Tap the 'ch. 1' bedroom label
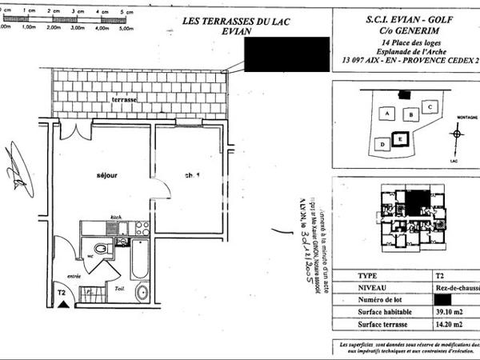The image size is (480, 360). pyautogui.click(x=192, y=176)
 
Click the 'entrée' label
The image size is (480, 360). pyautogui.click(x=74, y=276)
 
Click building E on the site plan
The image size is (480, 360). pyautogui.click(x=399, y=138)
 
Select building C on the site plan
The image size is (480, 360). pyautogui.click(x=430, y=106)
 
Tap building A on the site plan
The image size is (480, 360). pyautogui.click(x=389, y=114)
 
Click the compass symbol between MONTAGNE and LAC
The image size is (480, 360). pyautogui.click(x=457, y=134)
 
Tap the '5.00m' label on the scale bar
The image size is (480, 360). pyautogui.click(x=126, y=26)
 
